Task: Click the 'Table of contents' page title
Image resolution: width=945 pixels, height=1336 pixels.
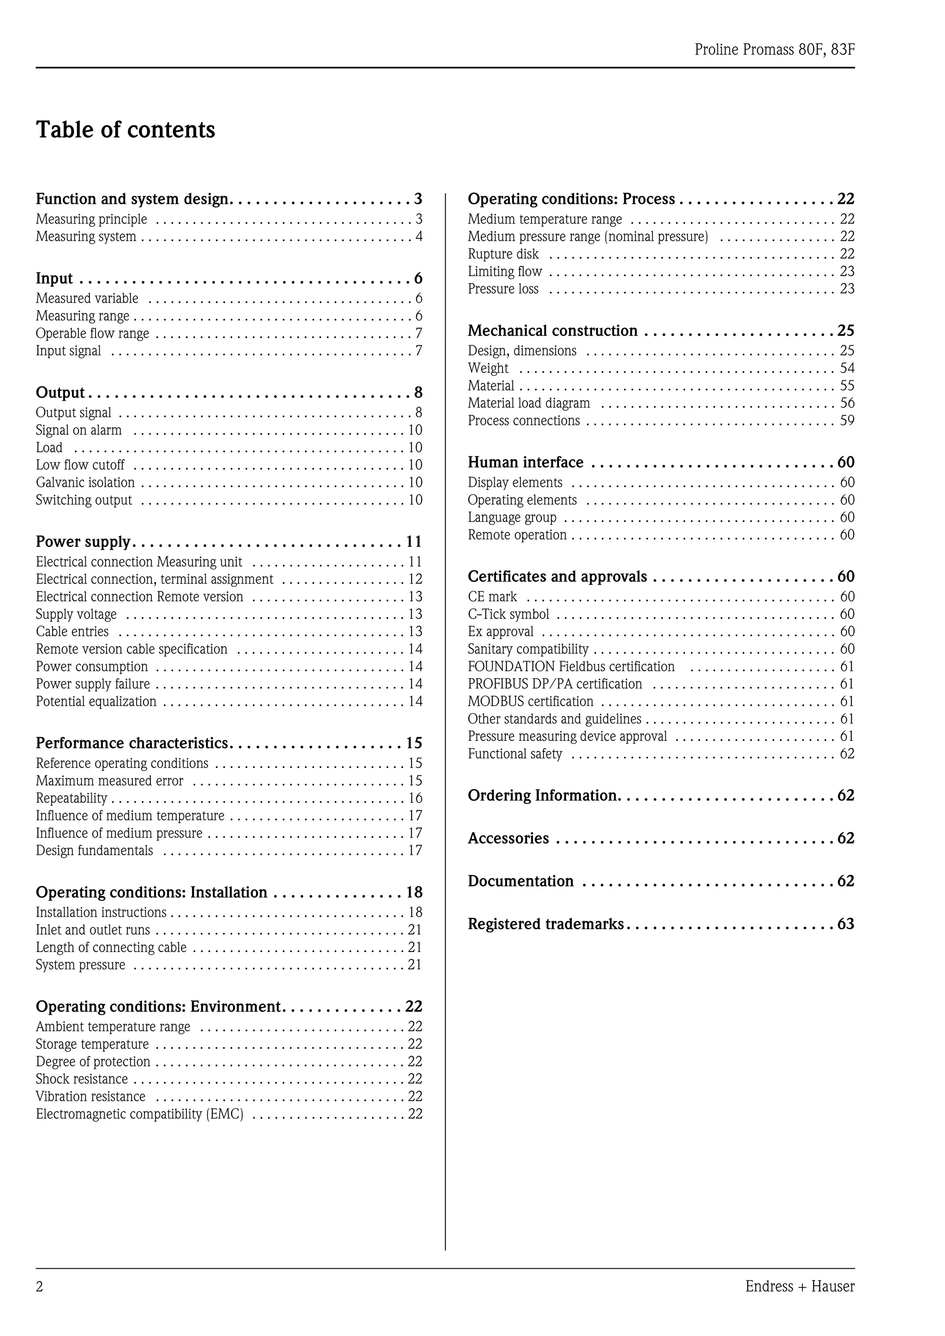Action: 125,130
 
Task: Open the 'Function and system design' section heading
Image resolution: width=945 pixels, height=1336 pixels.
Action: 132,199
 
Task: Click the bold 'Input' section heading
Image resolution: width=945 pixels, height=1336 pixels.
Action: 54,278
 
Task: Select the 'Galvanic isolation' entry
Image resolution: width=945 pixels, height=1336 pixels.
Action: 85,482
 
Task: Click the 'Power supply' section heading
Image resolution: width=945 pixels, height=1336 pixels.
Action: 83,542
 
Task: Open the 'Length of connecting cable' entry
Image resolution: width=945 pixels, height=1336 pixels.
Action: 111,947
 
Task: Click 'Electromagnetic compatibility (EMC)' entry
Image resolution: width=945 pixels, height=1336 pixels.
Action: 140,1114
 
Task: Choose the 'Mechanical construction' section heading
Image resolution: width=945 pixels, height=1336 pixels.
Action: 553,331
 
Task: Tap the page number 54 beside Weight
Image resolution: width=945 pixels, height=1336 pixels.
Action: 847,368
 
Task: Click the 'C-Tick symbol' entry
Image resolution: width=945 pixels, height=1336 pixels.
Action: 508,615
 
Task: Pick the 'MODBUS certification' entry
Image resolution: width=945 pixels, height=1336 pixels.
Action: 531,702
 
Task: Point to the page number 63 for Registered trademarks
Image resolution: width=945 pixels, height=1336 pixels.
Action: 845,924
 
